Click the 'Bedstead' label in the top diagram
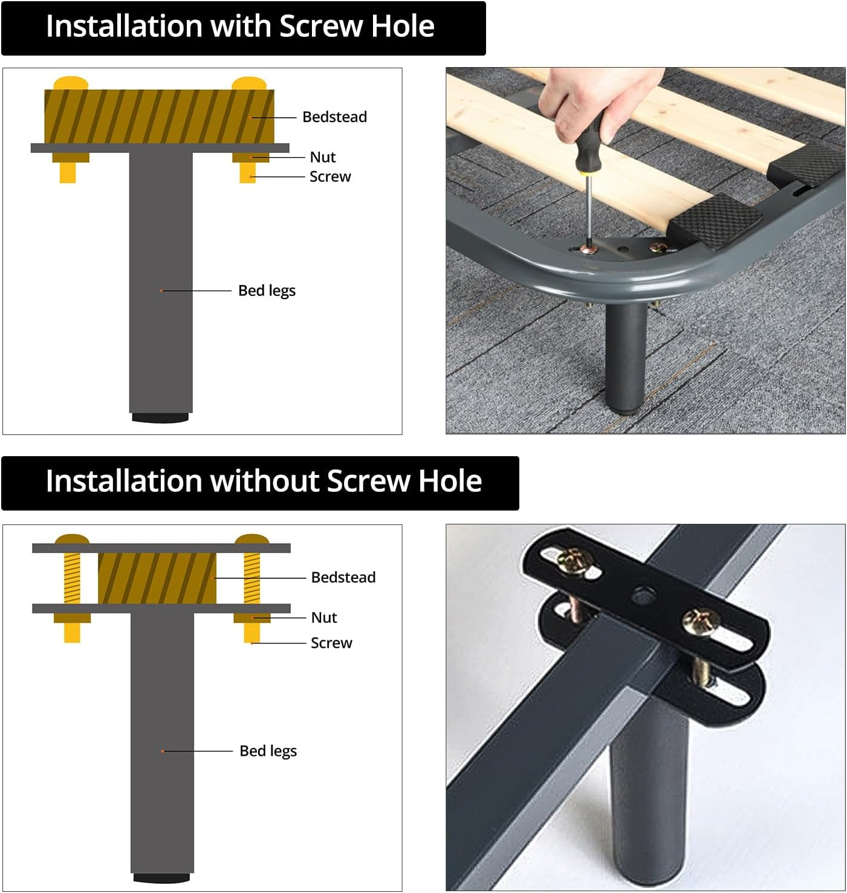point(334,117)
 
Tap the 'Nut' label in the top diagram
point(322,156)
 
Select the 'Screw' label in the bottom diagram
point(331,643)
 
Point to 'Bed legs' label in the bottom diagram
point(268,751)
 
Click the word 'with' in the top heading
point(241,27)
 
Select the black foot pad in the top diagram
point(160,417)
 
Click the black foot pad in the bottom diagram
point(161,877)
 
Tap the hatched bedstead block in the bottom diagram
point(157,578)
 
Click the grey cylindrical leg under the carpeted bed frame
point(626,358)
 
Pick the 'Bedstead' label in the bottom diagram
point(343,578)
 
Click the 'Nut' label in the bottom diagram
point(323,617)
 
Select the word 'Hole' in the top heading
point(403,27)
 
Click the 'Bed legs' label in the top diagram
point(267,291)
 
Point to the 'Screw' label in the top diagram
point(330,176)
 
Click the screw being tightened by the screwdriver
point(588,249)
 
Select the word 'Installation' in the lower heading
point(124,481)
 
